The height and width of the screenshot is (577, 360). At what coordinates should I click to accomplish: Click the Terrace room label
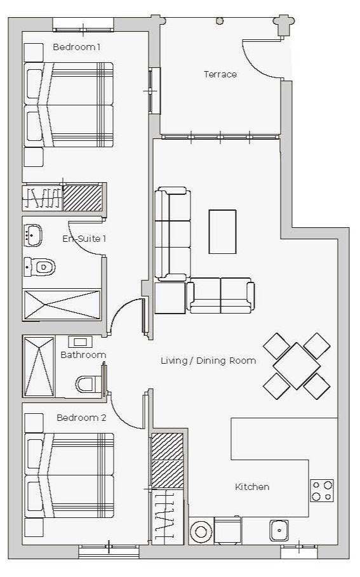pos(220,74)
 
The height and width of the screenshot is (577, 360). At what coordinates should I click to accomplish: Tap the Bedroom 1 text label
pos(77,47)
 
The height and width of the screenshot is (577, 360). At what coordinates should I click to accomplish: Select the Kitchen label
pos(252,487)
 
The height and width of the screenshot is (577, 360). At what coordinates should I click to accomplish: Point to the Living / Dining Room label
pos(208,361)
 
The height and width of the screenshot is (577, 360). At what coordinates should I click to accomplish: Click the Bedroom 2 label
pos(81,418)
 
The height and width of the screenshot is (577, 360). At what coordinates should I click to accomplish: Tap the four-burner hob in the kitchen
pos(322,491)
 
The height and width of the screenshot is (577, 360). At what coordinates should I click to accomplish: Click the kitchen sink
pos(279,530)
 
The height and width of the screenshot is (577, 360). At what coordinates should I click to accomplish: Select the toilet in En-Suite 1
pos(40,267)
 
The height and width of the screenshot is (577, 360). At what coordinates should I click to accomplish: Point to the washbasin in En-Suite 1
pos(33,235)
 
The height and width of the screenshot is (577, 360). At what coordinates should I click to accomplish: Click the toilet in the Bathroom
pos(88,385)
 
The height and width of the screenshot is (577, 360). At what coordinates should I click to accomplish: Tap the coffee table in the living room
pos(222,232)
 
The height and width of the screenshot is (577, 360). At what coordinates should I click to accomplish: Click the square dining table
pos(297,366)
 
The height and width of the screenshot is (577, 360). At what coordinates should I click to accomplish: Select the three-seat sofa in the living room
pos(173,234)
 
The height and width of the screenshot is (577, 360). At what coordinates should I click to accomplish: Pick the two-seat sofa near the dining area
pos(220,296)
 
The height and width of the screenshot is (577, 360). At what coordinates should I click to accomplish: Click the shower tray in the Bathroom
pos(39,366)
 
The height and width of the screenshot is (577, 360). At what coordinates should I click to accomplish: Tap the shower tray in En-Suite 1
pos(62,305)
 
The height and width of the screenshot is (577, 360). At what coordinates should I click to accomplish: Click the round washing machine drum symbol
pos(201,531)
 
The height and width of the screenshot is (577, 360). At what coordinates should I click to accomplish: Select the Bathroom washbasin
pos(80,342)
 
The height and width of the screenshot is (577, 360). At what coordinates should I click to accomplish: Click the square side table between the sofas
pos(170,298)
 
